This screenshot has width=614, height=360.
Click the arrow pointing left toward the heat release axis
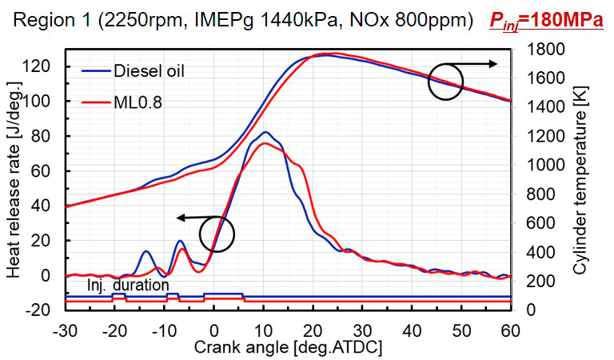coord(196,217)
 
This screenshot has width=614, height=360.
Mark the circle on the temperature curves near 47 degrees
coord(445,82)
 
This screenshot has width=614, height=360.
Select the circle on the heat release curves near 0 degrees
coord(217,234)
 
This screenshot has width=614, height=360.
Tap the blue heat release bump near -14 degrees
coord(146,251)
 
